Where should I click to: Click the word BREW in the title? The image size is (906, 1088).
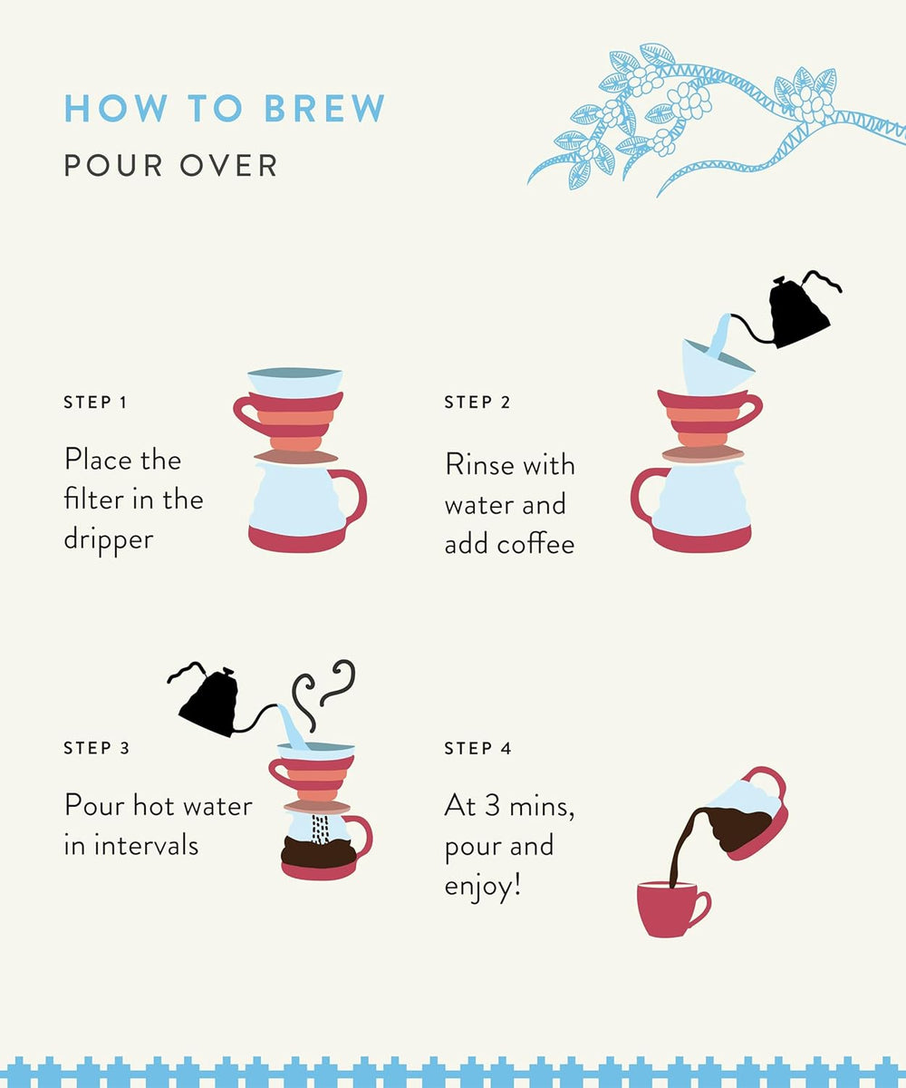[324, 109]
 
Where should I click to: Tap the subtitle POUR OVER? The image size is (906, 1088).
[171, 166]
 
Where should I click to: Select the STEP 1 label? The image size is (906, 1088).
[95, 403]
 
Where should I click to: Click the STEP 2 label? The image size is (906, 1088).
[477, 403]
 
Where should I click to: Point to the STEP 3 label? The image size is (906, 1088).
[96, 748]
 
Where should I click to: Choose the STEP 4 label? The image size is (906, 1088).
[477, 748]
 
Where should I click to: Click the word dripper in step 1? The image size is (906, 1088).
[109, 539]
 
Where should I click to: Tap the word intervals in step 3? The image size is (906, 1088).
[146, 845]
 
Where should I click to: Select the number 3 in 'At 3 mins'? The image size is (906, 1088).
[493, 806]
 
